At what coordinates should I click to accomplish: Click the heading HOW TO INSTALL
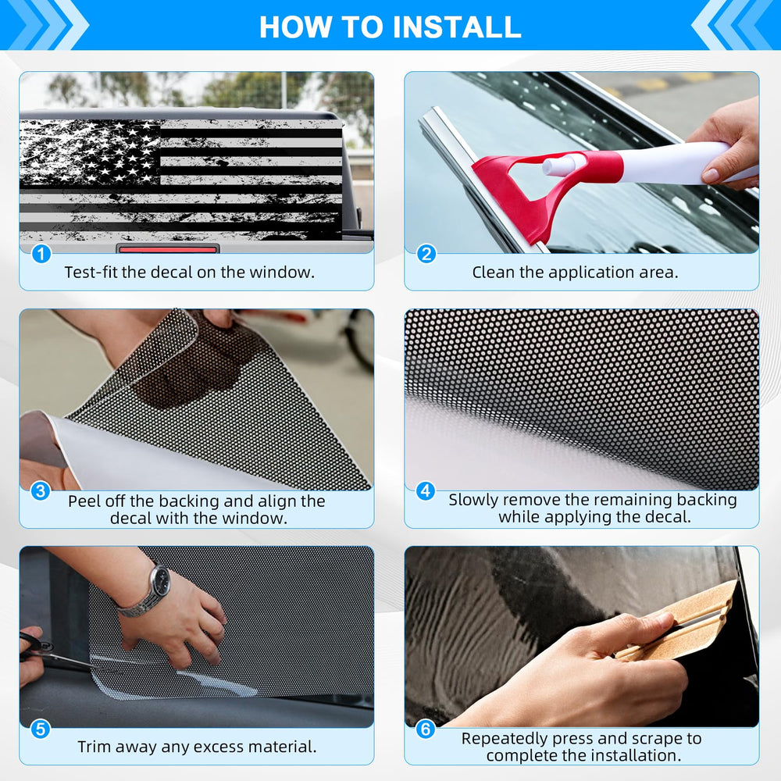click(390, 27)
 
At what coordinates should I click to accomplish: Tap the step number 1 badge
click(41, 254)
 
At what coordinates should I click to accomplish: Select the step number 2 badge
click(426, 254)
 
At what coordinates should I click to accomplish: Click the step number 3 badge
click(41, 490)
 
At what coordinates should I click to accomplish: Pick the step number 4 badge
click(426, 490)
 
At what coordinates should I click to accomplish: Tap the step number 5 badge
click(41, 729)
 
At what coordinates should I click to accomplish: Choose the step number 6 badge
click(426, 729)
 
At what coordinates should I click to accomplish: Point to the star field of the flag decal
click(91, 152)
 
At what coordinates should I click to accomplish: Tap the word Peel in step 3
click(84, 501)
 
